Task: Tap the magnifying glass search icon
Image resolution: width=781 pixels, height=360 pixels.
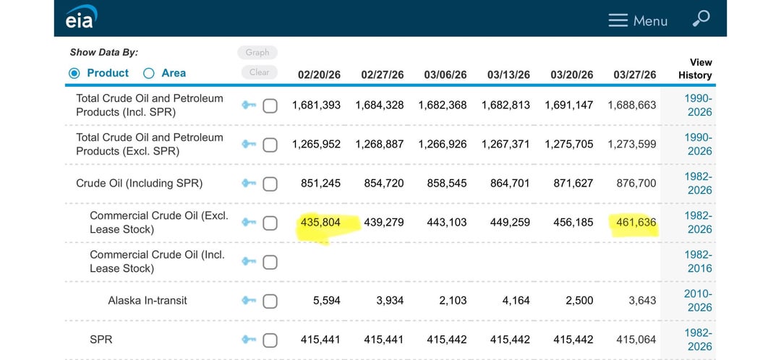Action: (x=700, y=20)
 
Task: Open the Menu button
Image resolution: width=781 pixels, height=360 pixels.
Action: (x=638, y=21)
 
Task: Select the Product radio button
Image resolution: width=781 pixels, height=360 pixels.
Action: (x=74, y=73)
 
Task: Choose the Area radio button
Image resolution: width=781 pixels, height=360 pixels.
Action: (x=149, y=73)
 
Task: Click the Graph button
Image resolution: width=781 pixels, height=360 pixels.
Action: (x=257, y=52)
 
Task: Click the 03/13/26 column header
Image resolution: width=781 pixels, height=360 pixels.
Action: (x=508, y=74)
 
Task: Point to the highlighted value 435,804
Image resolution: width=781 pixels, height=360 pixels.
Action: (x=320, y=223)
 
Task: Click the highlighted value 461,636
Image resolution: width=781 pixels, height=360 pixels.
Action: (x=636, y=223)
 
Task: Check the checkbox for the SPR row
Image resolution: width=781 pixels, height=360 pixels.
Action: (x=270, y=340)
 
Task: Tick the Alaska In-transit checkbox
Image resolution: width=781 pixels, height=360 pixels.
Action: (x=270, y=301)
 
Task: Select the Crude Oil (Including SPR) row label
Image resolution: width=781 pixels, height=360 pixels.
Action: (x=139, y=184)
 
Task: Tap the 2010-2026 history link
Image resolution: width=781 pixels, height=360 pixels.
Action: (x=698, y=301)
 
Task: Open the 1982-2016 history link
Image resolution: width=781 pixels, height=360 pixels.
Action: (x=698, y=262)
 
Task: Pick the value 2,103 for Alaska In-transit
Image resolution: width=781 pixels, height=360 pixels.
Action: (x=453, y=301)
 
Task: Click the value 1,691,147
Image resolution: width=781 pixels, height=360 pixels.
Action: (x=572, y=106)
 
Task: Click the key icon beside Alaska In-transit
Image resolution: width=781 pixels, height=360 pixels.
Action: (x=249, y=301)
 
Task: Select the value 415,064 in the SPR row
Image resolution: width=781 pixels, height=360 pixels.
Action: (x=636, y=340)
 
